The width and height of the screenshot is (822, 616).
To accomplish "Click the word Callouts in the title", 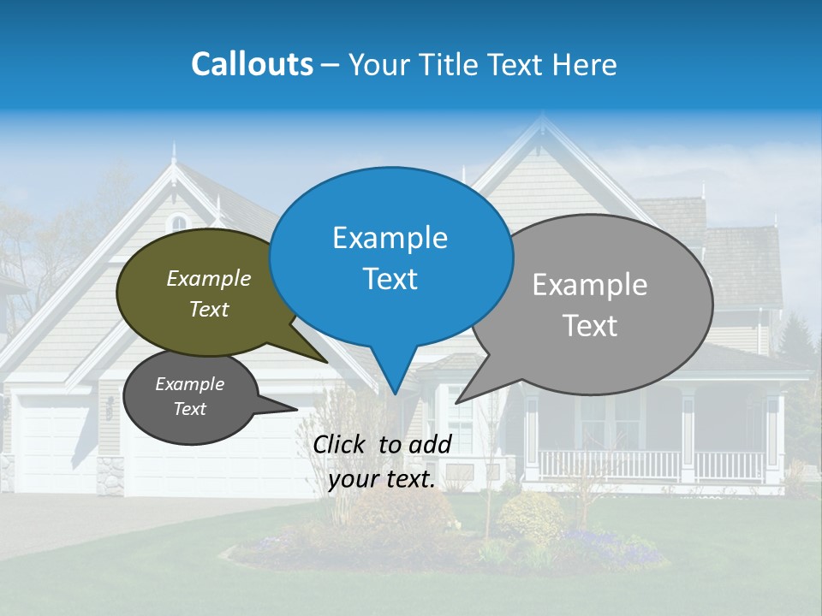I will coord(252,64).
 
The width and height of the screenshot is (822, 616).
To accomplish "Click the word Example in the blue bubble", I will coord(390,238).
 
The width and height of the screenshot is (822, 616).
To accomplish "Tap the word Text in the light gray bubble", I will coord(590,326).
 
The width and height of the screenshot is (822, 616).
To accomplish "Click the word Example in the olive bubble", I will coord(209,279).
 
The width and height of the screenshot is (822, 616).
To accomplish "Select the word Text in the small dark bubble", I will coord(189,409).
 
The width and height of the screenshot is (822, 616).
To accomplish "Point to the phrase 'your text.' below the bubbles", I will coord(382,480).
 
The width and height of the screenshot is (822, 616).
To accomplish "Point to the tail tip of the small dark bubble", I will coord(295,409).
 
